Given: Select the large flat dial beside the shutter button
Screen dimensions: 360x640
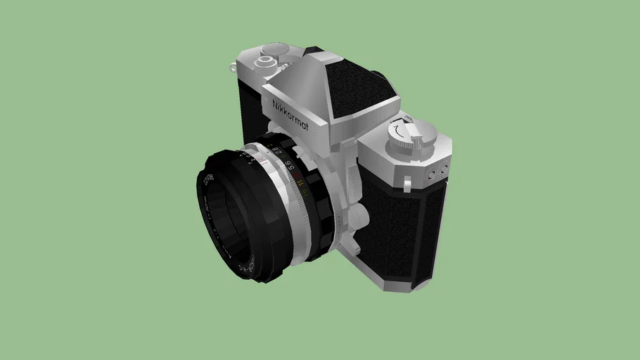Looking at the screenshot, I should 276,49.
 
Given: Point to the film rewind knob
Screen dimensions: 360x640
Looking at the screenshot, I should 411,134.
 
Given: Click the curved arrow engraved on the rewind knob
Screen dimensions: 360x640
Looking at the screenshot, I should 402,130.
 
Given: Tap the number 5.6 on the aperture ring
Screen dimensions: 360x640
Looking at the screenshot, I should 289,167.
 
